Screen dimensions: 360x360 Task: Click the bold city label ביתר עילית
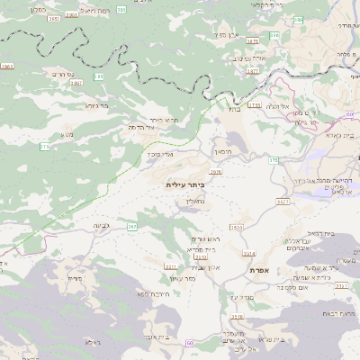coord(186,184)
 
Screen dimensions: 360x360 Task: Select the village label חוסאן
coord(223,152)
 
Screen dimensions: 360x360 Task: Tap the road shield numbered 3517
coord(282,202)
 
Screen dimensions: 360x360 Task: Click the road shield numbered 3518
coord(237,317)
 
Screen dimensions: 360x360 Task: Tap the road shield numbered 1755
coord(255,105)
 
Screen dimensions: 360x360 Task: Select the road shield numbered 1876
coord(215,171)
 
